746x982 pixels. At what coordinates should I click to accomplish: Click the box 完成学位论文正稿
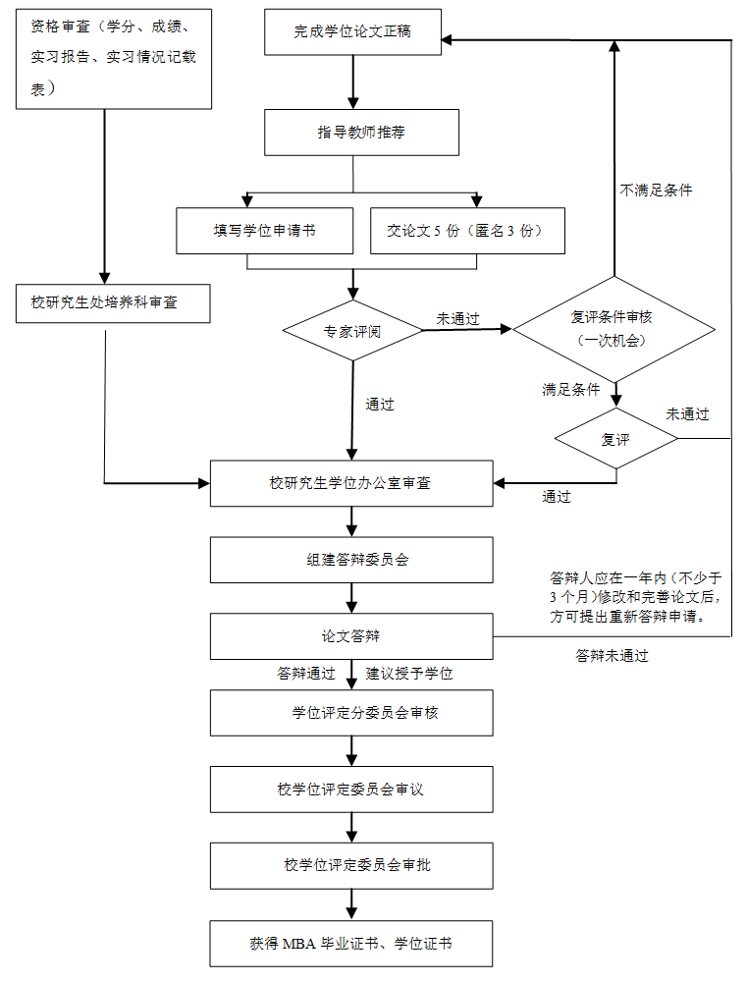tap(352, 31)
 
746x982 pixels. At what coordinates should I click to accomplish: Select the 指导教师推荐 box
tap(361, 132)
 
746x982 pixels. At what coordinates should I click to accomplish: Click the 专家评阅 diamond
tap(352, 331)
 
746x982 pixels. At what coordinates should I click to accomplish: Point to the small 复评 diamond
tap(615, 439)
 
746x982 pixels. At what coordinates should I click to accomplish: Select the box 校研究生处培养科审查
tap(114, 302)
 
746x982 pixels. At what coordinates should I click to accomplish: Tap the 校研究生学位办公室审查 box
tap(351, 483)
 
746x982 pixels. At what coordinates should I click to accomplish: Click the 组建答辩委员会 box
tap(351, 560)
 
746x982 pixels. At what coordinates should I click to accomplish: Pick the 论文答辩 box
tap(351, 636)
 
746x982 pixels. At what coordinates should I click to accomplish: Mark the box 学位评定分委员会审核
tap(351, 713)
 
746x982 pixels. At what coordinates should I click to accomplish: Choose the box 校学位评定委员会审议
tap(351, 790)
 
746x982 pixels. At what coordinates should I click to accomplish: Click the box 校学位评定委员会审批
tap(351, 866)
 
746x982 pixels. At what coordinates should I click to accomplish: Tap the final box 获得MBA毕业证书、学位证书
tap(351, 944)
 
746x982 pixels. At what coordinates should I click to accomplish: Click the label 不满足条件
tap(656, 191)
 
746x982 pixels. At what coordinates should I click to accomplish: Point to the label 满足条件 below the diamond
tap(570, 390)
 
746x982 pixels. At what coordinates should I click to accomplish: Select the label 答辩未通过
tap(612, 656)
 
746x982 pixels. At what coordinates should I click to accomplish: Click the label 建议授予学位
tap(409, 674)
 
